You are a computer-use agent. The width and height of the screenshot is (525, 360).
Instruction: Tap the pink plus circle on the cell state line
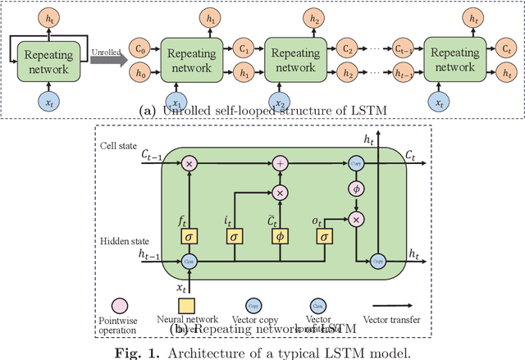(281, 164)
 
